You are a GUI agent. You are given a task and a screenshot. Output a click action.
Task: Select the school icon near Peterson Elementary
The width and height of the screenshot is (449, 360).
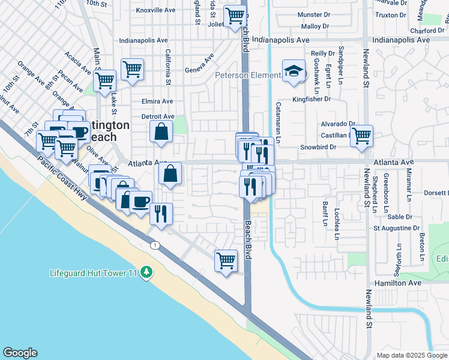click(x=294, y=72)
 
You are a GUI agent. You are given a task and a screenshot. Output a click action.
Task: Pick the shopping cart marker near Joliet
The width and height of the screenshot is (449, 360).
click(x=234, y=15)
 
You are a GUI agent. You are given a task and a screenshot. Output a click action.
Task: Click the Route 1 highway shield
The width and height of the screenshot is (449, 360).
click(x=155, y=245)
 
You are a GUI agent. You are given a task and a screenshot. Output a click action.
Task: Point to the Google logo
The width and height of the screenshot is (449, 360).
click(x=20, y=353)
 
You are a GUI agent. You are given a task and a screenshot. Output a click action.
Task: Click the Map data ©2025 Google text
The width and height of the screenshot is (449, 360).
click(x=411, y=355)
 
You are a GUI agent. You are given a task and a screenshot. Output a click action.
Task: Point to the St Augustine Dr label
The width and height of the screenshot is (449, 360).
click(x=393, y=228)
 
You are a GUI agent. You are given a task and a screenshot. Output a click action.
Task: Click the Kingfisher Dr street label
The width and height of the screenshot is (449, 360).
click(x=312, y=99)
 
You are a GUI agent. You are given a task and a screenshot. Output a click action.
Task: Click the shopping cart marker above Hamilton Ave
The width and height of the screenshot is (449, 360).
click(x=226, y=260)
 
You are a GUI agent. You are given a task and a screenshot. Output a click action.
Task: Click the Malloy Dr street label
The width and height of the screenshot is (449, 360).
click(x=315, y=26)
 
